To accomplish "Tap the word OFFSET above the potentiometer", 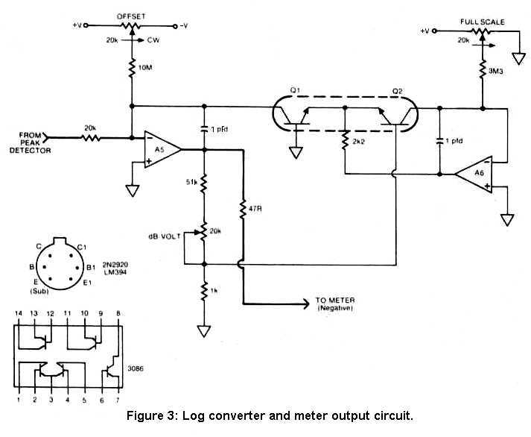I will pyautogui.click(x=132, y=15).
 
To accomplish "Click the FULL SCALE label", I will pyautogui.click(x=484, y=22).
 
